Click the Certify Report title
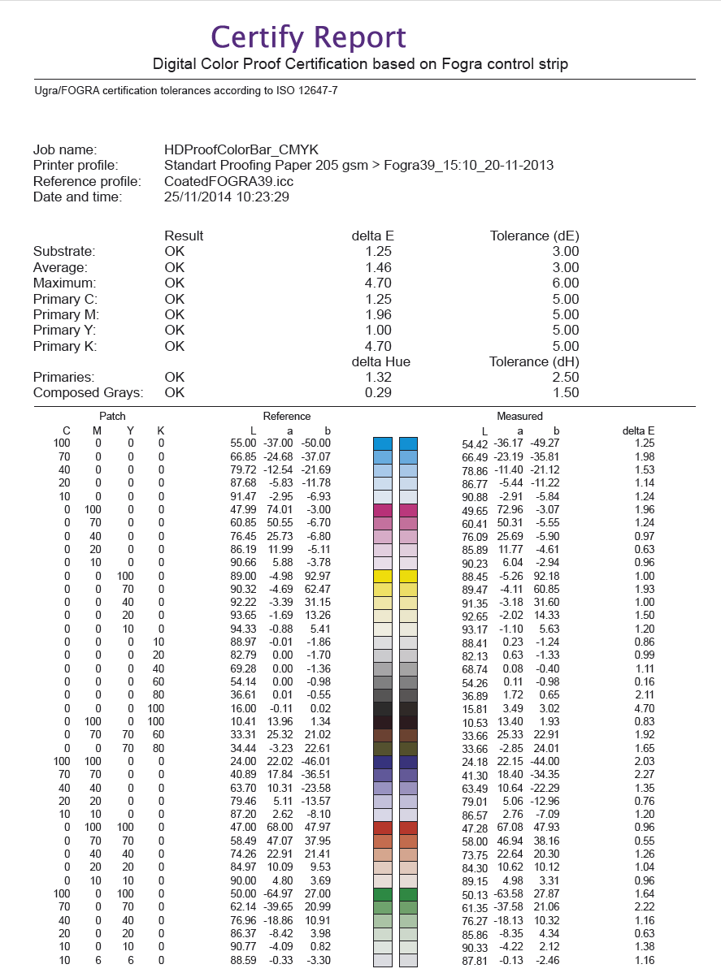pos(308,37)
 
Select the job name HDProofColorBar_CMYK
pos(241,149)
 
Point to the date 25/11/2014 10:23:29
pos(227,197)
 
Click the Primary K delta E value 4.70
pos(378,346)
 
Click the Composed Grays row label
pos(88,393)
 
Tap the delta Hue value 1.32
pos(378,378)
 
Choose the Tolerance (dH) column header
pos(534,361)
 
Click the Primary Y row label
pos(65,331)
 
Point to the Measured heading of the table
pos(519,416)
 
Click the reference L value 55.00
pos(244,443)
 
